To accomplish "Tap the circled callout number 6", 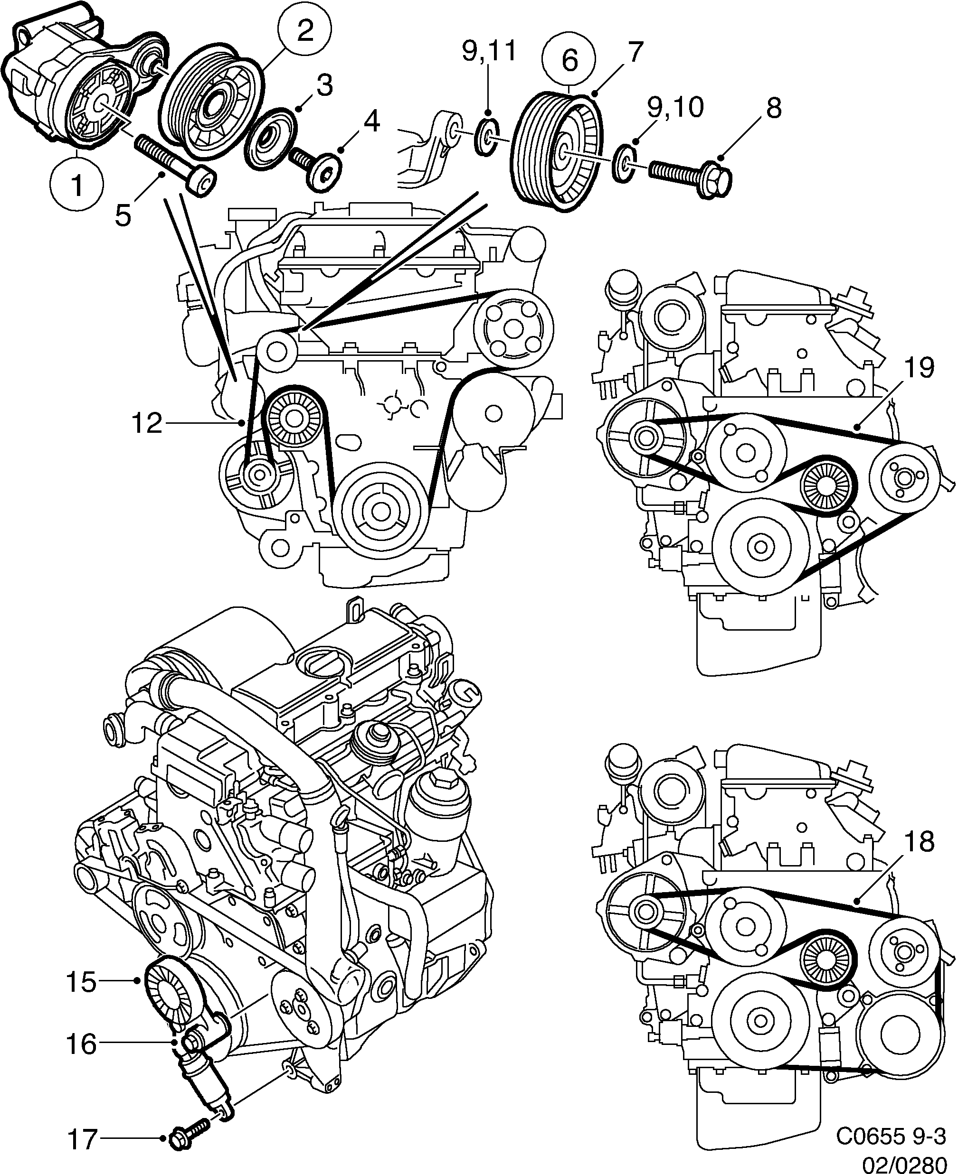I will tap(569, 60).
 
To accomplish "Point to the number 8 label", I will tap(774, 108).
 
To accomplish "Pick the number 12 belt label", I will tap(147, 423).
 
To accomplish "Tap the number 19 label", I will tap(919, 368).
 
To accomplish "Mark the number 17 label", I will tap(82, 1135).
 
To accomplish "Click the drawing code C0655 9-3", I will tap(891, 1134).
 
